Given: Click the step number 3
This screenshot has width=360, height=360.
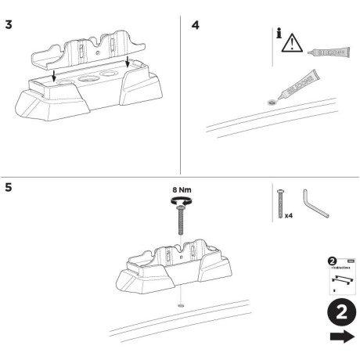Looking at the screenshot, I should (x=9, y=25).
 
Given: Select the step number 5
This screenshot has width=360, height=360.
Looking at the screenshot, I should (x=9, y=189).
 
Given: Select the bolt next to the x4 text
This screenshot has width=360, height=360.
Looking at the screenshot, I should (x=278, y=203).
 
